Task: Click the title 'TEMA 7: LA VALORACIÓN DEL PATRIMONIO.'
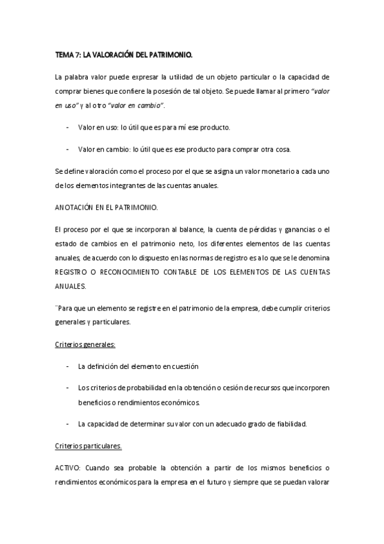[124, 55]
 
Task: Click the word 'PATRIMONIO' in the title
[172, 55]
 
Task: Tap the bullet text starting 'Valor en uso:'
[154, 127]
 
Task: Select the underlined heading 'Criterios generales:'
[85, 344]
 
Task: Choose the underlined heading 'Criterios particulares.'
[88, 445]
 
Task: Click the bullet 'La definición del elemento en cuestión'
[138, 366]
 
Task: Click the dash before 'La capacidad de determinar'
[68, 423]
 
